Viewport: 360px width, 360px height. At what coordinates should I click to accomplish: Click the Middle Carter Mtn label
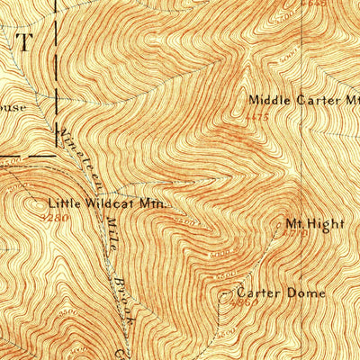tap(303, 101)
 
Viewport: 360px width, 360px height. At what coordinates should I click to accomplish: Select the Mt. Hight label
tap(302, 222)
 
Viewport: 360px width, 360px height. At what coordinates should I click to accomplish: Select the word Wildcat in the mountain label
tap(112, 203)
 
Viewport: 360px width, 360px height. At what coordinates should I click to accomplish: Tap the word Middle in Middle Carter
tap(268, 101)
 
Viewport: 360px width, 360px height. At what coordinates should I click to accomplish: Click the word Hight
tap(310, 222)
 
